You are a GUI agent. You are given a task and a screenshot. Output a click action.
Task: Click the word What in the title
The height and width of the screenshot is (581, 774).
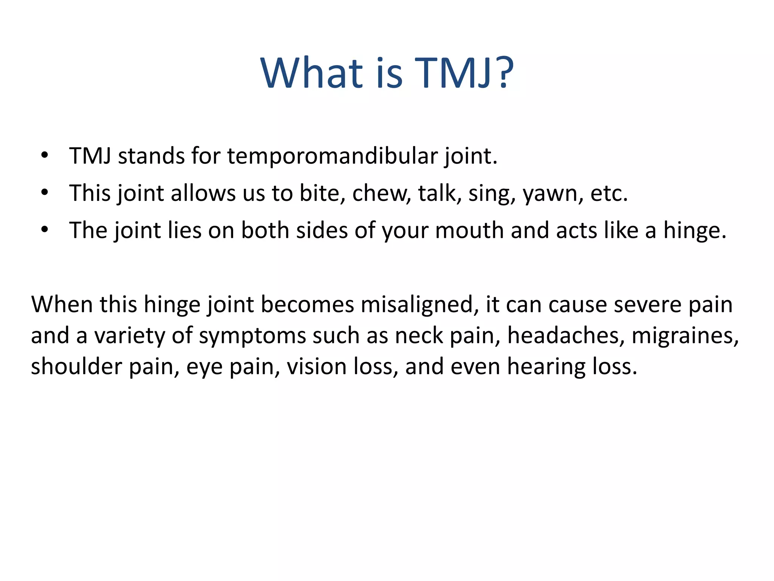click(x=312, y=73)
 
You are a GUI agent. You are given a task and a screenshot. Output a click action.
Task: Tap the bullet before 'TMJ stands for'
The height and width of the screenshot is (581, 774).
click(x=45, y=155)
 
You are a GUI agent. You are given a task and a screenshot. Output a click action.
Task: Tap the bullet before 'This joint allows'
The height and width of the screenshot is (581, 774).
click(x=45, y=193)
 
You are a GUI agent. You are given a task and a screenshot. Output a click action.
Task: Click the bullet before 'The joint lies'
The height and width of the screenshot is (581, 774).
click(x=45, y=230)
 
